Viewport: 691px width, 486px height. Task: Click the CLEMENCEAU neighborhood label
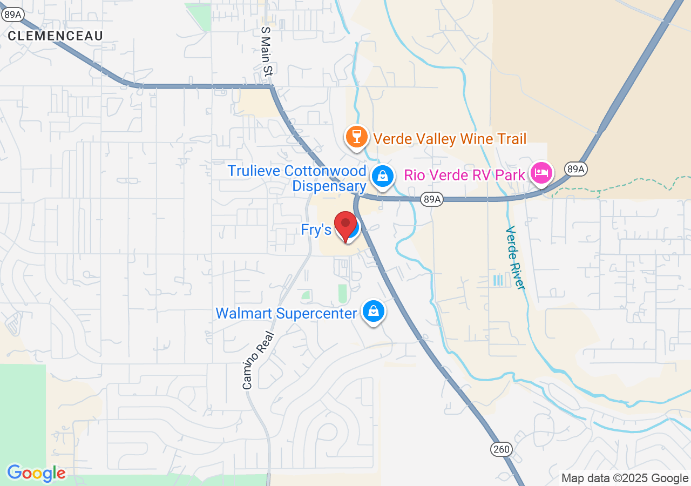[x=55, y=36]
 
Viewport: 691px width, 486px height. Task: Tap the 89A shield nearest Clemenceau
[x=12, y=15]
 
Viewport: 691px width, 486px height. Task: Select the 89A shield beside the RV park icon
[x=575, y=169]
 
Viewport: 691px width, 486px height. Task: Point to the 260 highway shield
[x=500, y=449]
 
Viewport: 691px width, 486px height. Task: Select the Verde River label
[x=515, y=258]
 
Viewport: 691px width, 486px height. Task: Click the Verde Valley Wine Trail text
[x=450, y=139]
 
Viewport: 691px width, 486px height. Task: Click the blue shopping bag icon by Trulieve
[x=382, y=176]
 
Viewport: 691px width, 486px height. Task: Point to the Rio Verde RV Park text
[x=464, y=175]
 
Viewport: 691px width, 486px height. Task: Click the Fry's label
[x=316, y=230]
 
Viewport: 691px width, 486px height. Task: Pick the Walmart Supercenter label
[x=286, y=313]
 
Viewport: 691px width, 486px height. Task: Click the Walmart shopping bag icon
[x=373, y=311]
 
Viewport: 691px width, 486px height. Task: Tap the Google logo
[x=36, y=473]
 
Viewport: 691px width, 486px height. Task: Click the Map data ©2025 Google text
[x=625, y=478]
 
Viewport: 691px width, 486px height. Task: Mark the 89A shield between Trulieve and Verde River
[x=432, y=200]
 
